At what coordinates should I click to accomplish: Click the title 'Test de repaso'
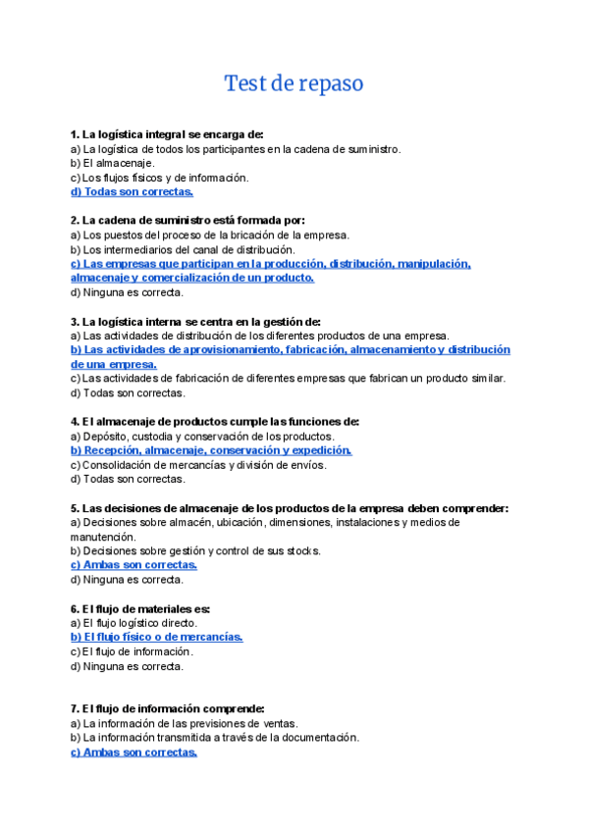coord(294,83)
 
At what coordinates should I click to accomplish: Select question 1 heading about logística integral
coord(167,134)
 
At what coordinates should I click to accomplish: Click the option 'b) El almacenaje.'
coord(112,163)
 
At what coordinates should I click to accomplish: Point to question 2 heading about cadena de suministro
coord(187,221)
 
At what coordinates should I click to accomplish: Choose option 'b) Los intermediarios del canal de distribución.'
coord(183,249)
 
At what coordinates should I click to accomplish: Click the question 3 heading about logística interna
coord(195,321)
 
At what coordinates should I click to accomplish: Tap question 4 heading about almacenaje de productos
coord(215,421)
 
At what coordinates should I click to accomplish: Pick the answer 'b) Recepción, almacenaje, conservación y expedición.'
coord(211,450)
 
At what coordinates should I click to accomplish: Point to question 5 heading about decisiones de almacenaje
coord(290,508)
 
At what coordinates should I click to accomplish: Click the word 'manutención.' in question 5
coord(103,537)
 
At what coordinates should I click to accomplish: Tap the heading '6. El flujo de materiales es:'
coord(140,608)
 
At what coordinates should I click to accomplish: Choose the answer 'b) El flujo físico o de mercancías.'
coord(156,637)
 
